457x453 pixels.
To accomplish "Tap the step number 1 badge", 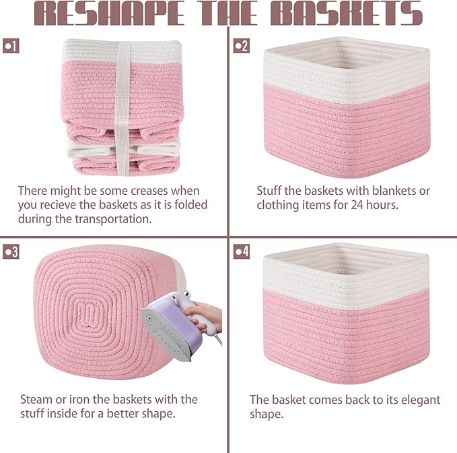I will click(11, 46).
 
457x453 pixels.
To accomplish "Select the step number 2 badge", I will click(241, 46).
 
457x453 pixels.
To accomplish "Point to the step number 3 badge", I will click(11, 252).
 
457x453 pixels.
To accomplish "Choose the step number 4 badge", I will click(241, 252).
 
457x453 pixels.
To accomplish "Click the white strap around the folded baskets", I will click(122, 101).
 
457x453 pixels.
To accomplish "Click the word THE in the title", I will click(229, 13).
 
